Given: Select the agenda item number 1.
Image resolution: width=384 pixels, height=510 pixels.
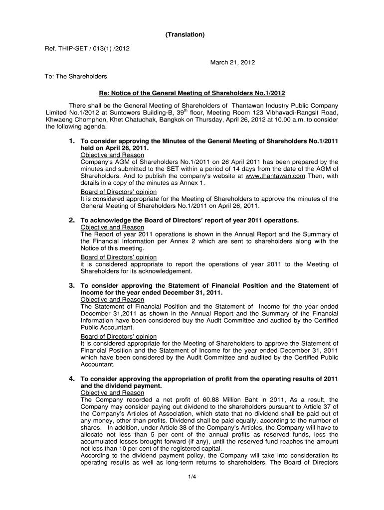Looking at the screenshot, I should click(72, 141).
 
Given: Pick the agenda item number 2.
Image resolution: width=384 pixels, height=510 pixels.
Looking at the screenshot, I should click(72, 220).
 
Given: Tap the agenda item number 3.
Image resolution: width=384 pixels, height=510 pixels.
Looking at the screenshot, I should click(72, 285).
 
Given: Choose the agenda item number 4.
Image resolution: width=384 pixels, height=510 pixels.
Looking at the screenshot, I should click(72, 379).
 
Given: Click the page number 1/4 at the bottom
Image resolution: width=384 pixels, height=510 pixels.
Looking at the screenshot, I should click(192, 478).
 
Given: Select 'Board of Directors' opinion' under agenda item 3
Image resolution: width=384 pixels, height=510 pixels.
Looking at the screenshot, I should click(118, 337).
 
